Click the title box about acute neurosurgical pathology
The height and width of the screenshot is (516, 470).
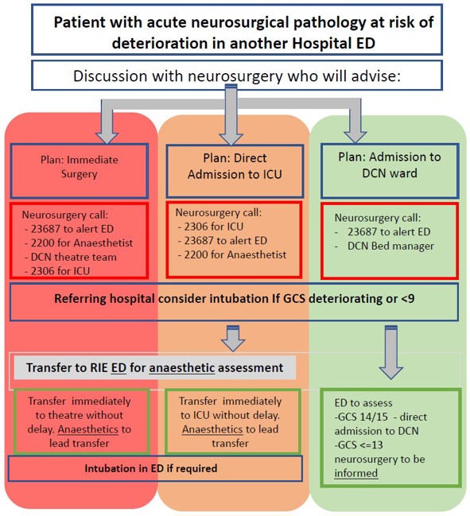click(x=235, y=31)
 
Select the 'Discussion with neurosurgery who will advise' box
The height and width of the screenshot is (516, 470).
click(x=235, y=76)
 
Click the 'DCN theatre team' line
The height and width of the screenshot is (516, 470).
click(x=69, y=258)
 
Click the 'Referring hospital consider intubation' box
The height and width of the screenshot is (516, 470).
click(x=235, y=301)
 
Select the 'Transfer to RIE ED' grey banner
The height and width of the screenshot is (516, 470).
click(x=154, y=368)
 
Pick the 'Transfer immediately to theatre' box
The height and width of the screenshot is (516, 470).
click(x=76, y=421)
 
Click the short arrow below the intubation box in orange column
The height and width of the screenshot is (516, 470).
click(x=231, y=337)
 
